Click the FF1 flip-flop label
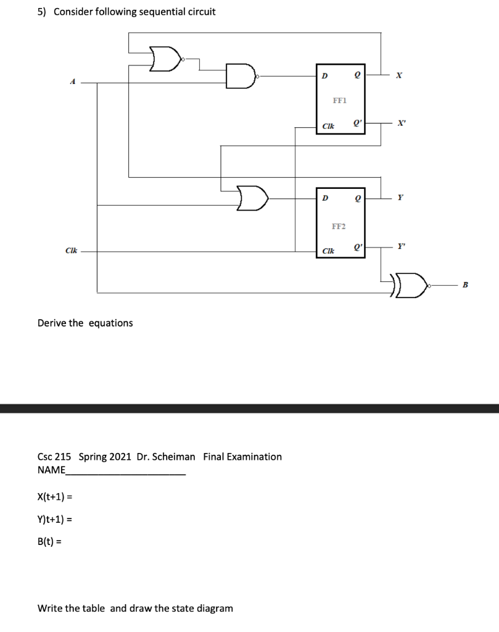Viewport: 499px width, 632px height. tap(339, 99)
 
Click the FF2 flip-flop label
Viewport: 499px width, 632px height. tap(339, 227)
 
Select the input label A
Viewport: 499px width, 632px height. tap(73, 81)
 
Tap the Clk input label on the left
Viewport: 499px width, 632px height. tap(71, 251)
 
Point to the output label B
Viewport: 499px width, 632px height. tap(466, 285)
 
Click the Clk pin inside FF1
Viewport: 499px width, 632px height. tap(328, 126)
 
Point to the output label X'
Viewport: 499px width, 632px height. tap(402, 123)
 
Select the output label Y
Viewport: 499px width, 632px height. tap(401, 198)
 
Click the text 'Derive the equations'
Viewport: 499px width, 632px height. tap(85, 323)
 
